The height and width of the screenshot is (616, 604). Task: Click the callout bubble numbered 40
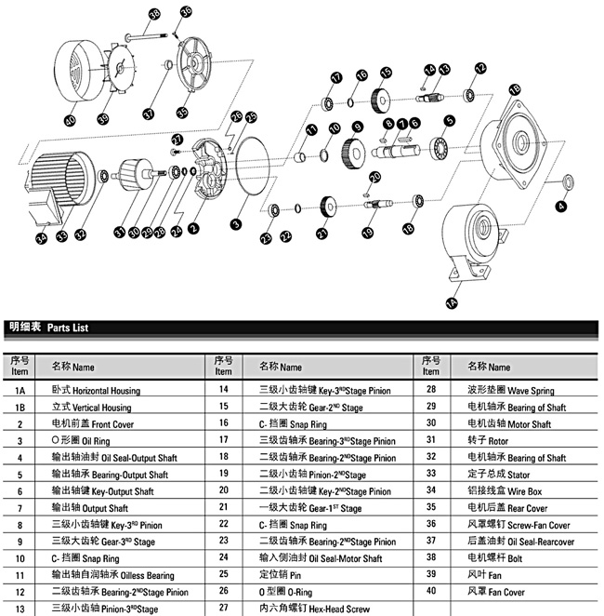tap(70, 121)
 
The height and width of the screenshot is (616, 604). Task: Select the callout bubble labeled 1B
tap(514, 90)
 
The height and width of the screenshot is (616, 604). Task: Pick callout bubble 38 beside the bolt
tap(154, 14)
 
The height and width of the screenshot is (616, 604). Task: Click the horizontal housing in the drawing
tap(477, 239)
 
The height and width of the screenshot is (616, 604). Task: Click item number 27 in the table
tap(223, 609)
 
